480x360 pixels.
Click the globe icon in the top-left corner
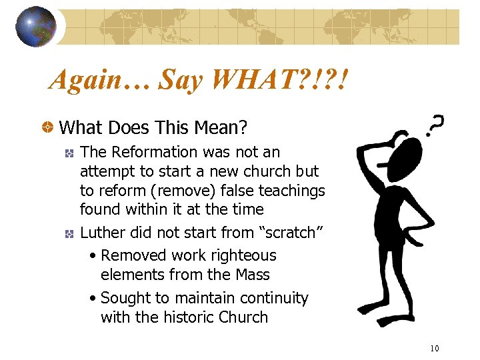click(36, 27)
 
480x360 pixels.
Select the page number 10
click(435, 348)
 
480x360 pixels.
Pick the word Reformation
click(151, 153)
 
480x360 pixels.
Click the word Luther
click(101, 233)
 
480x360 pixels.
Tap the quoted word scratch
click(291, 233)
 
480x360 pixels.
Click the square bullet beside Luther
click(68, 233)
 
